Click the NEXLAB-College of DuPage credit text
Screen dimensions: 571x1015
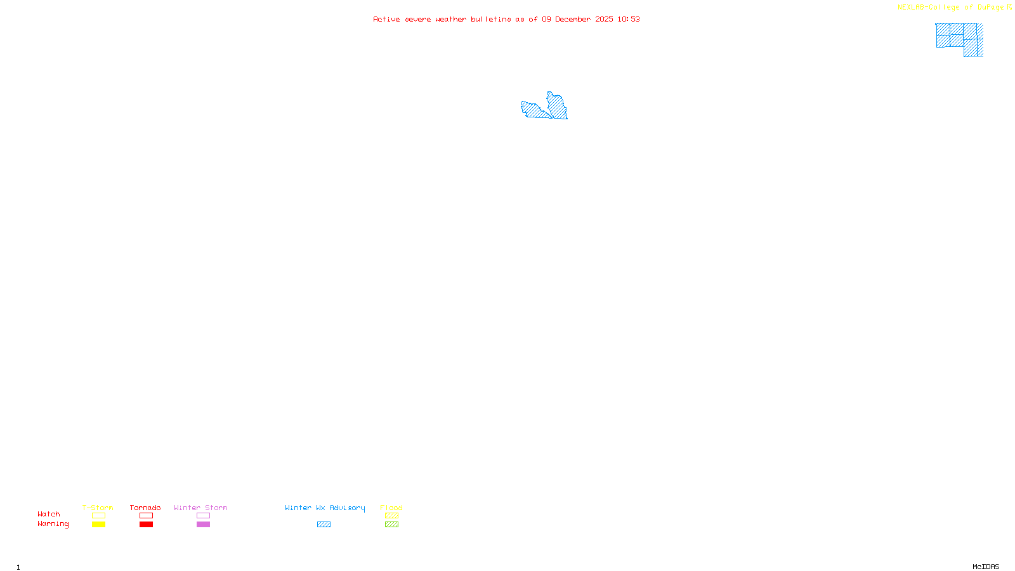tap(950, 8)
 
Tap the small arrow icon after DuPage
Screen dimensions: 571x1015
tap(1010, 7)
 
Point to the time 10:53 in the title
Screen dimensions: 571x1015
tap(629, 19)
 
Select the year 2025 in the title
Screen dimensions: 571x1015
tap(605, 19)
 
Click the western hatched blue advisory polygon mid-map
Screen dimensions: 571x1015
tap(534, 110)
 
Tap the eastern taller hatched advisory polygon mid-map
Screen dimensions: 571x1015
tap(558, 105)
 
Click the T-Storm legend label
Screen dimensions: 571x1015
tap(98, 508)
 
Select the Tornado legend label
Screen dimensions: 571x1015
tap(145, 508)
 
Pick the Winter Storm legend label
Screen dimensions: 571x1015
tap(200, 508)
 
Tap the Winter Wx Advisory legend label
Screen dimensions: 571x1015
tap(325, 508)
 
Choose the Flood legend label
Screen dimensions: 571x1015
tap(391, 508)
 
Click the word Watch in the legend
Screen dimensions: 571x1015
tap(49, 514)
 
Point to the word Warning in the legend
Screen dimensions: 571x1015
tap(53, 524)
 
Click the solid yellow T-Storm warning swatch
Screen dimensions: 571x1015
tap(98, 525)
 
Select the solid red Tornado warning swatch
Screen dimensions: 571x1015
tap(147, 525)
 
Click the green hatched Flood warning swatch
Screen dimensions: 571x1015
tap(392, 525)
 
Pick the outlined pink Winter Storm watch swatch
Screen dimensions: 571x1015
tap(204, 516)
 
